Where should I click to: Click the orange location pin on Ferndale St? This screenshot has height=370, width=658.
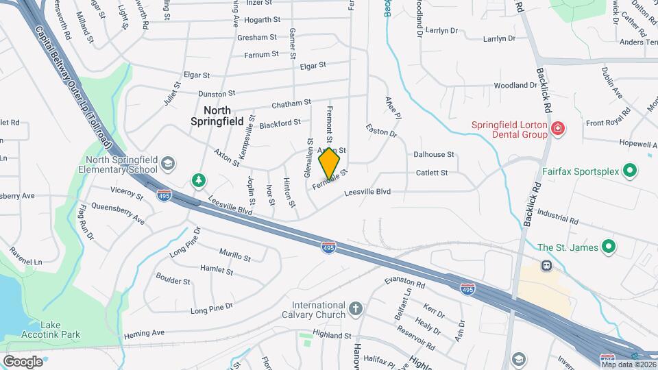[x=330, y=163]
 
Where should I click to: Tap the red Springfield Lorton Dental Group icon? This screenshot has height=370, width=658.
[x=557, y=128]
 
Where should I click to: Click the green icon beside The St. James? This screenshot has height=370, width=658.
[x=607, y=247]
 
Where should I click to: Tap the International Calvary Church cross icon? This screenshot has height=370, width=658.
[x=355, y=309]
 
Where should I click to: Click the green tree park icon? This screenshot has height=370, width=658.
[x=199, y=180]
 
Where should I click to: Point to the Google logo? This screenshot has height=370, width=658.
[x=23, y=361]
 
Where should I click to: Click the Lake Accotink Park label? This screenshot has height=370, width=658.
[x=60, y=330]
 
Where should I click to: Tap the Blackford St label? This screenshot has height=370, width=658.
[x=280, y=123]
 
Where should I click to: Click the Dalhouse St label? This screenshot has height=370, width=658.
[x=434, y=155]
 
